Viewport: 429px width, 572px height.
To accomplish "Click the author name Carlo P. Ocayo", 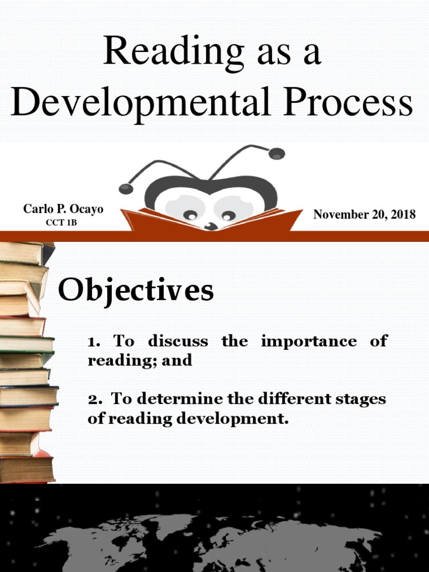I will point(63,209).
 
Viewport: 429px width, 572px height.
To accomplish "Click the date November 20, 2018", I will point(364,214).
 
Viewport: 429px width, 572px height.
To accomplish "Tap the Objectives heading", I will point(136,290).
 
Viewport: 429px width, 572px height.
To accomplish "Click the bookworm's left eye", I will point(190,214).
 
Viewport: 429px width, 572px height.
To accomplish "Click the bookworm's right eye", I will point(228,215).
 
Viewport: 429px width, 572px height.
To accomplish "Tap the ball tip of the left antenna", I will point(126,188).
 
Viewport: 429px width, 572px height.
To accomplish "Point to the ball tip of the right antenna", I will point(277,153).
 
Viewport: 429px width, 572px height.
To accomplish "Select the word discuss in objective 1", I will point(178,341).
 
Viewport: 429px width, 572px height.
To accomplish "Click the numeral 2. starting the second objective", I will point(94,399).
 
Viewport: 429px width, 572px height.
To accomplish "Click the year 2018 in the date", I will point(401,214).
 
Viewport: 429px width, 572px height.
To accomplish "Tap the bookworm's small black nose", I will point(211,226).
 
